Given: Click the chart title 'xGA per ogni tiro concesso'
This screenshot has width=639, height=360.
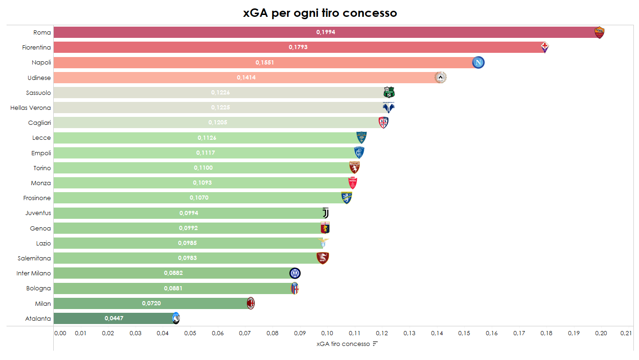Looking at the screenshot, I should coord(320,13).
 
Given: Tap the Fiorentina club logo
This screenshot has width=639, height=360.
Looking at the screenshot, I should coord(545,47).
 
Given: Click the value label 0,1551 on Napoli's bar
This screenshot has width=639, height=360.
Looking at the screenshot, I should coord(265,63).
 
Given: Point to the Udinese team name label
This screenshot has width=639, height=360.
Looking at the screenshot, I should coord(39,78).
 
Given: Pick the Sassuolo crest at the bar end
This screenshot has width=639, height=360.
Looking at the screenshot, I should coord(389,92).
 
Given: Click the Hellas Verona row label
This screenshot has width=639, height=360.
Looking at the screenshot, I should coord(30,108).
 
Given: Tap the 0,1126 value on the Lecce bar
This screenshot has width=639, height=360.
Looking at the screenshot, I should coord(207,138).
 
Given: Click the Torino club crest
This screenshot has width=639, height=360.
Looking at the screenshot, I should coord(354,167).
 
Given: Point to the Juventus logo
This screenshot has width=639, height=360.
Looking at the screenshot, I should coord(326,213).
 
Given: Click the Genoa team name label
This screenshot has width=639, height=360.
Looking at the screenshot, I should coord(40,228).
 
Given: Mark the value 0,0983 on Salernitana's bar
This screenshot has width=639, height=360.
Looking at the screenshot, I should coord(187,258).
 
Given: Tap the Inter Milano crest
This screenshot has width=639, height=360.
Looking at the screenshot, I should coord(295,273).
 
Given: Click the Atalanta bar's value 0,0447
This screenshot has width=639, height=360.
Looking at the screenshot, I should coord(114,318).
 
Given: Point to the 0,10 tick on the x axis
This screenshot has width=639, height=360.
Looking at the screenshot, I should coord(327,333).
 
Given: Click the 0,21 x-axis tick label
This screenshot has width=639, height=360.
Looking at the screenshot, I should coord(626,333).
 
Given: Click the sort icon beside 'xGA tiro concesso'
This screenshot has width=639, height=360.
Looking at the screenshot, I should coord(375,344).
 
